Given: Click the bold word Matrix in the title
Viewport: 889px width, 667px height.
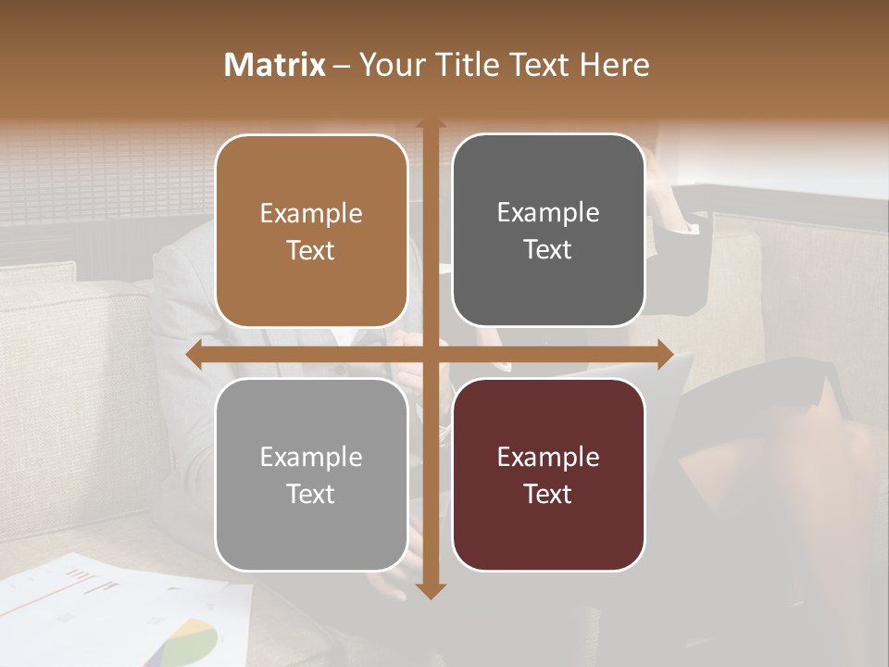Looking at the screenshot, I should (x=275, y=65).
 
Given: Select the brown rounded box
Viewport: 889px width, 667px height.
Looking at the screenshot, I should (x=311, y=231).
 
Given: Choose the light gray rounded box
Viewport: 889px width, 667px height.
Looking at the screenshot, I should (x=311, y=474).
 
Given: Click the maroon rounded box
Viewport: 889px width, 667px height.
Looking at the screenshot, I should (x=548, y=474).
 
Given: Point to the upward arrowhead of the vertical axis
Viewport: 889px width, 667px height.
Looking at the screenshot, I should (x=430, y=124).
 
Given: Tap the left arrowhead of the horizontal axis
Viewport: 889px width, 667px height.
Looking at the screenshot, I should (x=193, y=355).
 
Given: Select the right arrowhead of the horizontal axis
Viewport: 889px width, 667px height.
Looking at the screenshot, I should (x=667, y=355).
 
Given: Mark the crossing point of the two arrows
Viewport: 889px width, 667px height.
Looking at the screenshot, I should (x=430, y=355).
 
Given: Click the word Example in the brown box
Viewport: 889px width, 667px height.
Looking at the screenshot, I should (x=311, y=214).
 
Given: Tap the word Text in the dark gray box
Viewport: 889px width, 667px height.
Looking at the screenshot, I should (x=548, y=249).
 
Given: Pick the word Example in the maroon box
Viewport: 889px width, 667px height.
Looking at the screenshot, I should (x=548, y=457).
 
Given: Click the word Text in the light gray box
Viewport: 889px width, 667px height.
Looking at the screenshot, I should (x=311, y=494).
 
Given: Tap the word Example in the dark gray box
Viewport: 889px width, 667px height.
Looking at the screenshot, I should (x=548, y=213).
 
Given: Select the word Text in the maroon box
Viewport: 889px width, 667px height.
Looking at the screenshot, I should (x=548, y=494).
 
